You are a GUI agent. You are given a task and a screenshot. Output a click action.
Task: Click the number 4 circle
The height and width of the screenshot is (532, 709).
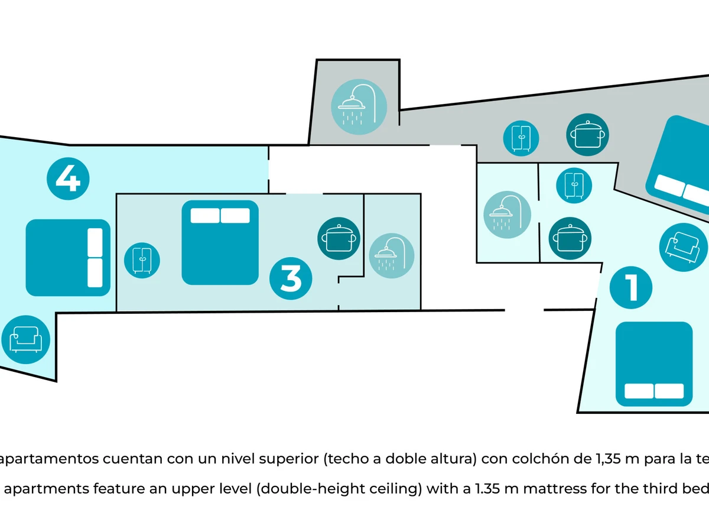pos(68,178)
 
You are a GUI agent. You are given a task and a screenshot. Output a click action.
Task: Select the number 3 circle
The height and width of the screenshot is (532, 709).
pos(291,278)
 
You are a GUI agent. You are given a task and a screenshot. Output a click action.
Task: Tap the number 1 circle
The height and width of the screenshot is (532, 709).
pos(631,288)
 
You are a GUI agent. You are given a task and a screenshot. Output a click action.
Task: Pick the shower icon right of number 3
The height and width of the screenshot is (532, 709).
pos(392,256)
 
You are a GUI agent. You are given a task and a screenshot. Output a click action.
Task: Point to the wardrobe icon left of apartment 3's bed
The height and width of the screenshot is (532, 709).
pos(142,259)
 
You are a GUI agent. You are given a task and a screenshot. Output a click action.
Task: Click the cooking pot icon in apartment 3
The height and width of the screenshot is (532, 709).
pos(339,239)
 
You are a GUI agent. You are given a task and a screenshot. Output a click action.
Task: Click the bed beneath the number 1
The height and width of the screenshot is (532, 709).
pos(654,364)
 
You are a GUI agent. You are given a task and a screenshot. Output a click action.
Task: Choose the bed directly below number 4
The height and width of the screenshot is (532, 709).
pos(68,258)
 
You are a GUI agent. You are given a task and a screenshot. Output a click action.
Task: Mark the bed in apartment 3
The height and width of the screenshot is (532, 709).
pos(220,242)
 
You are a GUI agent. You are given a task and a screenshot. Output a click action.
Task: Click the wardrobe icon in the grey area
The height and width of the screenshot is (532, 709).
pos(521,138)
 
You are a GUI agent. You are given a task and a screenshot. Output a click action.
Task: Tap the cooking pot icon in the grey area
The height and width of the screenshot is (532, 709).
pos(588,135)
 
